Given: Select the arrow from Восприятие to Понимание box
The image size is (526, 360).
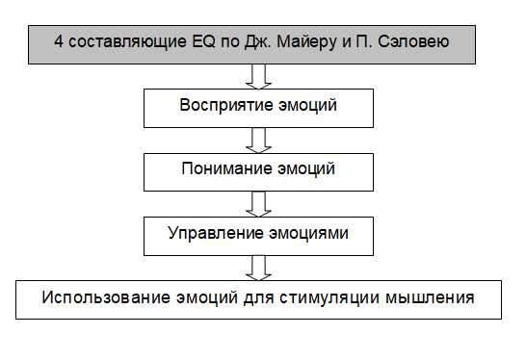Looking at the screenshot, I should point(257,140).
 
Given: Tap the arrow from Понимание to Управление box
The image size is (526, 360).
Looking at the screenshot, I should point(257,203).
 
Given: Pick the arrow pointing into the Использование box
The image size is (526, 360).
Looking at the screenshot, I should point(257,267).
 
